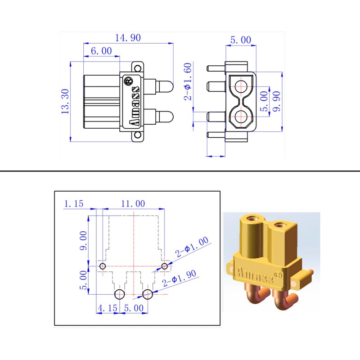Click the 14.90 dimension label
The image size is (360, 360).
coord(128,38)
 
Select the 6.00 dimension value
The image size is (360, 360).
coord(101,51)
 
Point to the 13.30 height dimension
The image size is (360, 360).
coord(65,102)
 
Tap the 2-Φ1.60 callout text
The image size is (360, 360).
coord(188,81)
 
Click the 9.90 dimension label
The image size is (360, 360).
coord(277,101)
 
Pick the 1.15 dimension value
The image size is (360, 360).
coord(73,204)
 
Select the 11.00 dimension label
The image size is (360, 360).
coord(133,204)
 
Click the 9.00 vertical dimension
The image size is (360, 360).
coord(83,240)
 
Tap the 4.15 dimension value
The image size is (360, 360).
coord(108,308)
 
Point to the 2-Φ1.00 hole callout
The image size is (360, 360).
coord(192,247)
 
